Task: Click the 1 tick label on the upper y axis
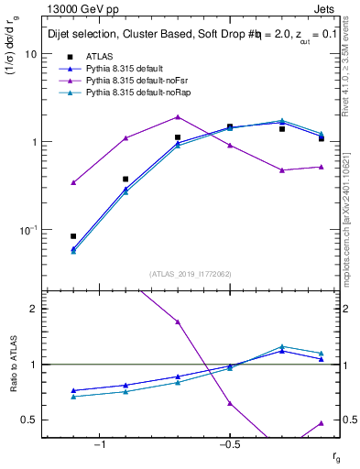(x=33, y=142)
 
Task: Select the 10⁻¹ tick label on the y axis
(x=27, y=229)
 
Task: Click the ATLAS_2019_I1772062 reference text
(x=189, y=274)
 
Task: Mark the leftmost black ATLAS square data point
(x=73, y=236)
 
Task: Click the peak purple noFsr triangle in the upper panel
(x=178, y=116)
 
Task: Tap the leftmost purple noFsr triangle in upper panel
(x=73, y=182)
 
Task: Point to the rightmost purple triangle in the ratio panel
(x=322, y=422)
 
